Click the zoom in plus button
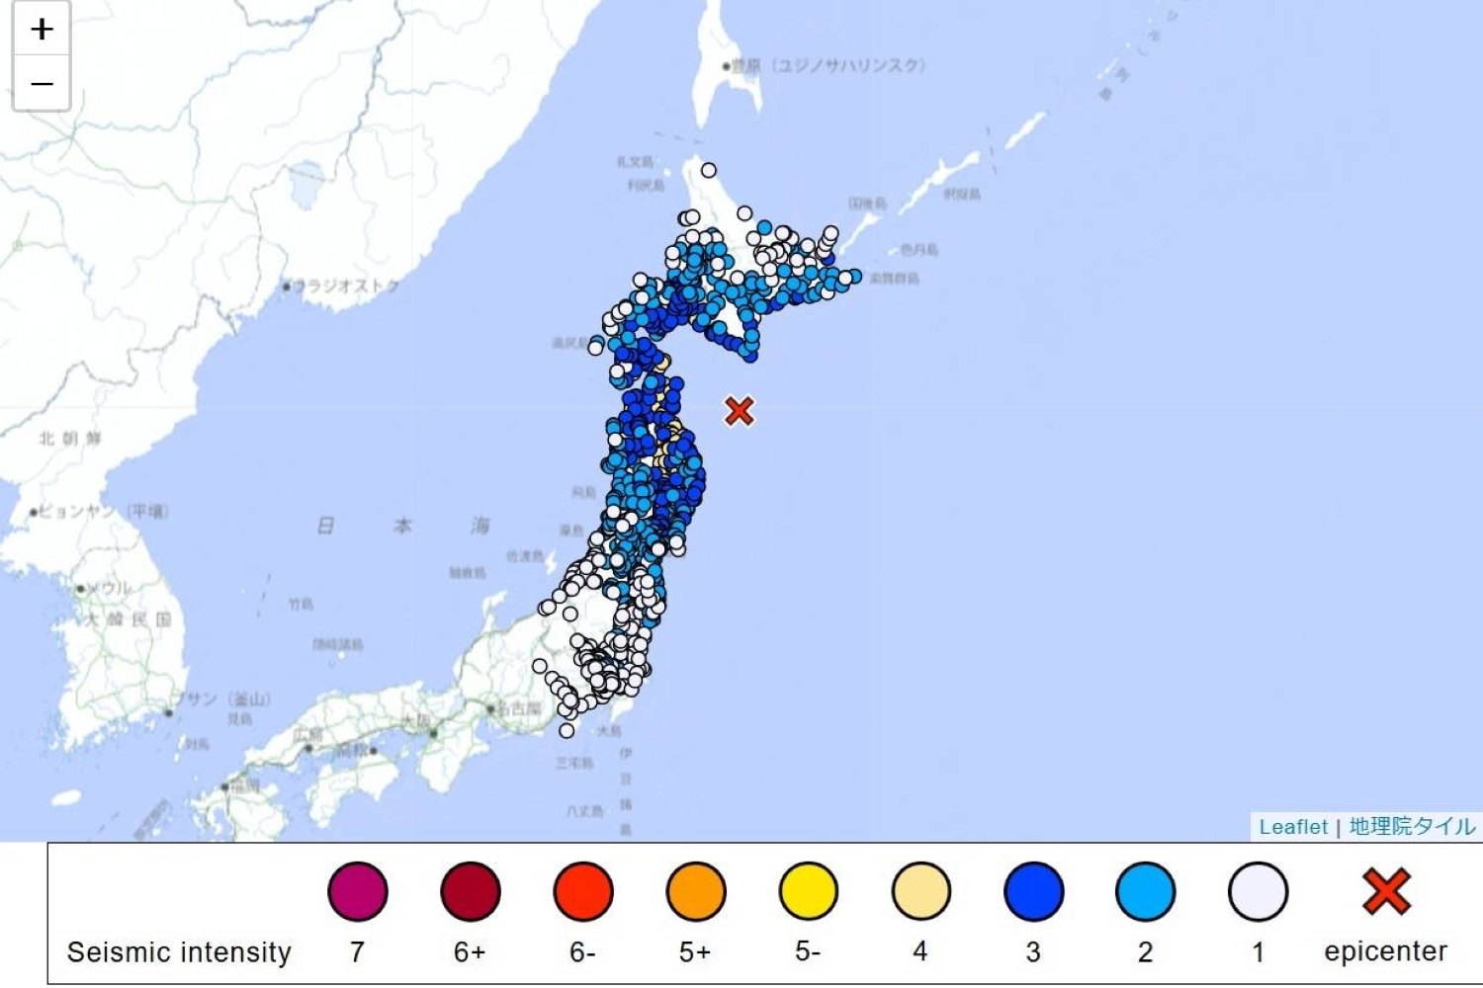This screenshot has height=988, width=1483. click(x=42, y=30)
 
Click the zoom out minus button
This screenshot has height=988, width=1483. click(x=42, y=84)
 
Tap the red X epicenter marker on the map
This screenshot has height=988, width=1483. click(x=739, y=411)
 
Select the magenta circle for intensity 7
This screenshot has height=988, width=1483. click(x=357, y=891)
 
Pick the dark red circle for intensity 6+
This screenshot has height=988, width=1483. click(x=470, y=891)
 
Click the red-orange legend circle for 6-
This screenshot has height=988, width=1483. click(x=582, y=891)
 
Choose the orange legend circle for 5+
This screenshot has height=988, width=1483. click(x=695, y=891)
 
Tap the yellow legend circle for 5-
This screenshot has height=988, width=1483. click(x=808, y=891)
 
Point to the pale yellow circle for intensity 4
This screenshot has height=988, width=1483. click(x=920, y=891)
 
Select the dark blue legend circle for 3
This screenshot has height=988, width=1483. click(x=1033, y=891)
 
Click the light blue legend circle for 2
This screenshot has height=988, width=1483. click(x=1145, y=891)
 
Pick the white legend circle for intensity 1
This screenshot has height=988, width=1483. click(x=1258, y=891)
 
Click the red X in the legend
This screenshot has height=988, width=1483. click(x=1385, y=891)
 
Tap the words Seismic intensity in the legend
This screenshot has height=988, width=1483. click(x=179, y=952)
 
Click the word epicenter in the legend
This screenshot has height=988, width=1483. click(x=1385, y=951)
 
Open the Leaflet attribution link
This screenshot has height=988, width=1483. click(x=1293, y=827)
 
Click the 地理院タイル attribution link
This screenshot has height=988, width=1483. click(x=1411, y=827)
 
